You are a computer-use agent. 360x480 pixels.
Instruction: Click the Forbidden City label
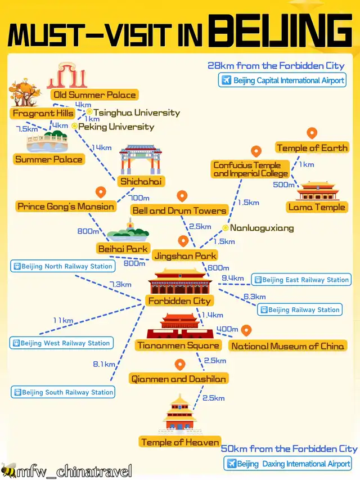[x=179, y=301]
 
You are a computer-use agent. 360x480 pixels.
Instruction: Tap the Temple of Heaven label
[x=180, y=442]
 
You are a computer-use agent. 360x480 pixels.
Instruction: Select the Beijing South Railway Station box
[x=63, y=392]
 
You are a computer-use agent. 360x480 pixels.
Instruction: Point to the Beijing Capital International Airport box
[x=282, y=80]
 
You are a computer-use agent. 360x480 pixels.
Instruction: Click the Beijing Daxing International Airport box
[x=288, y=464]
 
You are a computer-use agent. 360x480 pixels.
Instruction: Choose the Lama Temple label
[x=317, y=207]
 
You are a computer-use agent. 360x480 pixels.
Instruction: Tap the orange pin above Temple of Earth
[x=312, y=133]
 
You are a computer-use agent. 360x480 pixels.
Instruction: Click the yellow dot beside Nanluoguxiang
[x=226, y=228]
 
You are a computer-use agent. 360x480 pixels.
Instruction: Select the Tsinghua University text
[x=137, y=113]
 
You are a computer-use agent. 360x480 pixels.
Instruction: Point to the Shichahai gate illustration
[x=141, y=159]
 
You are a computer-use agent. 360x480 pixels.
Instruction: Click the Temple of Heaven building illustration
[x=180, y=412]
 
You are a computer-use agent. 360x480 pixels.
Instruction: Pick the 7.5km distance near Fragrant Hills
[x=26, y=129]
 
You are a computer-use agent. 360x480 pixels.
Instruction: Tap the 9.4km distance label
[x=232, y=278]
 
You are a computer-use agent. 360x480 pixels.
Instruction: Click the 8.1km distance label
[x=104, y=364]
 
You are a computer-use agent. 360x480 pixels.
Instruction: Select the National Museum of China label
[x=287, y=346]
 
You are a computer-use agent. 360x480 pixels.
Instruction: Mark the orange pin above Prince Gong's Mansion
[x=101, y=192]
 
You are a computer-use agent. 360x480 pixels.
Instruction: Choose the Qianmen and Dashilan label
[x=179, y=379]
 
